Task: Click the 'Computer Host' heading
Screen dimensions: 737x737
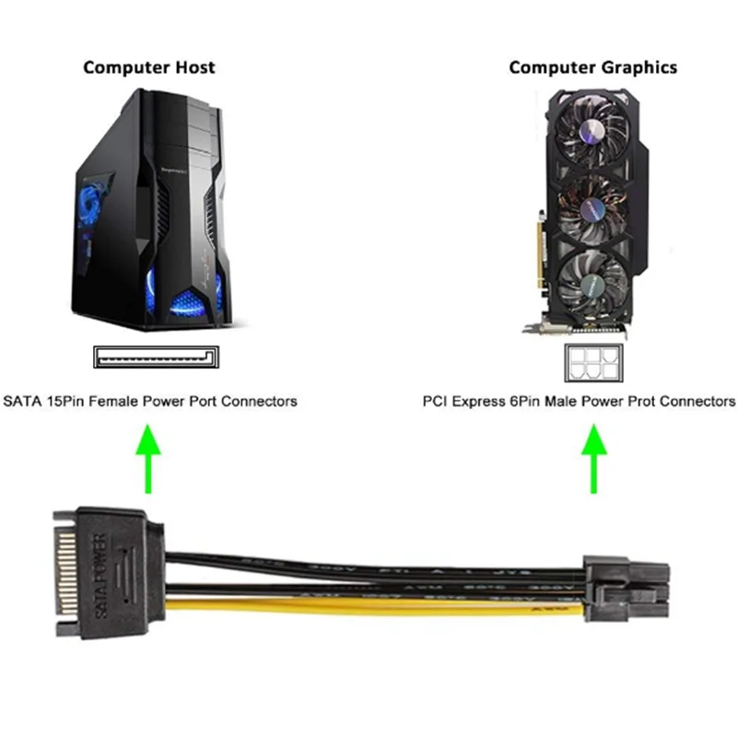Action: click(149, 67)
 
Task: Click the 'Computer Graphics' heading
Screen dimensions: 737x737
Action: click(592, 67)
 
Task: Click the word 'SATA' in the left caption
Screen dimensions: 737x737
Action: click(22, 402)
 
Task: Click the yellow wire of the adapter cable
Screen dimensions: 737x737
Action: click(368, 605)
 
